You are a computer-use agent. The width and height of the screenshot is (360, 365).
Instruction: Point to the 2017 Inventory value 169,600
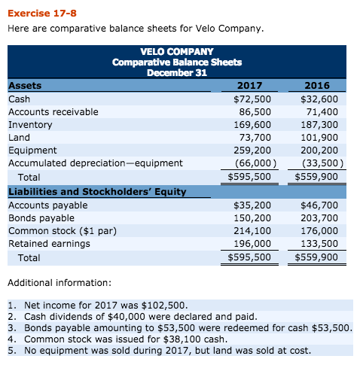(x=252, y=126)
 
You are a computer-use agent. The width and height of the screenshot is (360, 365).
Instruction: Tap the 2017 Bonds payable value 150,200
(x=252, y=217)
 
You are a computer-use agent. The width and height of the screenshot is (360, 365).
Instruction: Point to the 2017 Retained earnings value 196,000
(x=252, y=244)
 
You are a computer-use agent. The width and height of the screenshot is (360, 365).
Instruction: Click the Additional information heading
(x=58, y=282)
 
